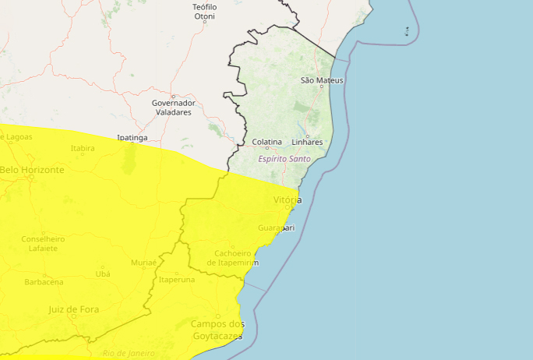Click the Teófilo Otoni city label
tap(204, 11)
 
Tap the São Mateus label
tap(321, 80)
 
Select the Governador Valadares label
tap(172, 108)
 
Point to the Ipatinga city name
tap(132, 138)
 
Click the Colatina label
tap(267, 142)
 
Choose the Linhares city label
tap(307, 142)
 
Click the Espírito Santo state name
tap(284, 159)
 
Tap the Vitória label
tap(287, 200)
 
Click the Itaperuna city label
tap(176, 279)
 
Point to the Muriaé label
tap(144, 262)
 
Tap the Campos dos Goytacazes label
tap(217, 330)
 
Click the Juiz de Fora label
tap(74, 309)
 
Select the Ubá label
tap(103, 274)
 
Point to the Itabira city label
tap(83, 148)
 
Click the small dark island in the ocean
tap(407, 31)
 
